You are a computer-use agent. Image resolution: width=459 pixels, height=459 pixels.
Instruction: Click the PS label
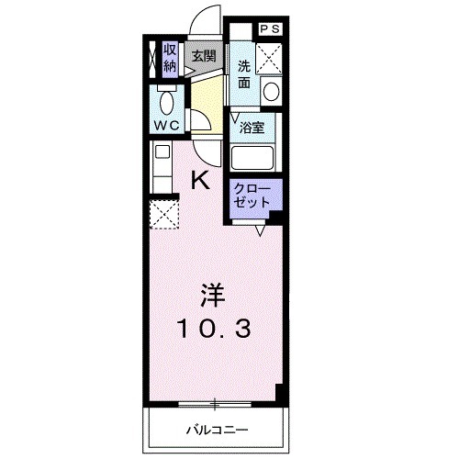[271, 29]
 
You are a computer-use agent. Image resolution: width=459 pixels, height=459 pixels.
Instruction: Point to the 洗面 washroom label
[244, 73]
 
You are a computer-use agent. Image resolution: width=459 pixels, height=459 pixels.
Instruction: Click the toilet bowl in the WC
[167, 101]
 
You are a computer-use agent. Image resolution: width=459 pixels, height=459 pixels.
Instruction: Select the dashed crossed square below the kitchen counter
[164, 217]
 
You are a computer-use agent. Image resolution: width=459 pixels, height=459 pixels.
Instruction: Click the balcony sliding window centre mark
[215, 401]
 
